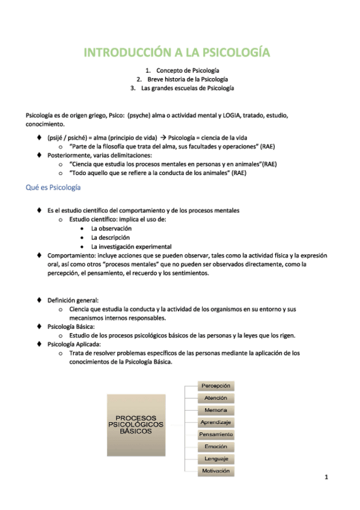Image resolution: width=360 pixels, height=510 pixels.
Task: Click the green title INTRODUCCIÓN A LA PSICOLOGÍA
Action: [x=176, y=52]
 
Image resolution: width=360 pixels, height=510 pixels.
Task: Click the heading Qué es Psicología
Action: [x=53, y=188]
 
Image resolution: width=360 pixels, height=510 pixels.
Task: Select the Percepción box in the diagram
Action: [x=216, y=386]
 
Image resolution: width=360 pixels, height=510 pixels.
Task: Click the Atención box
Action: [x=216, y=398]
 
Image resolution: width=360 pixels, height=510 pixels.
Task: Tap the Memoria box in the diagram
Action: [x=216, y=410]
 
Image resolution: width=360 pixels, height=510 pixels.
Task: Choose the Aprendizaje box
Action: [x=216, y=422]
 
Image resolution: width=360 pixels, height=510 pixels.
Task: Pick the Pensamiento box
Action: [x=216, y=434]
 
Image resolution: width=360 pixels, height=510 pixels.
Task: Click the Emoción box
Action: [x=216, y=447]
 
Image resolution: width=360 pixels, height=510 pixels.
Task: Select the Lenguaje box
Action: [x=216, y=459]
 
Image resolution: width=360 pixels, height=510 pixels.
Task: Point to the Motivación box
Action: [x=216, y=471]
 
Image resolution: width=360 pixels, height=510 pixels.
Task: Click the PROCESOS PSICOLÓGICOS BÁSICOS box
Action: [x=135, y=424]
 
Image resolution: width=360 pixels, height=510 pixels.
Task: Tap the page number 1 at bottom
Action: [x=325, y=478]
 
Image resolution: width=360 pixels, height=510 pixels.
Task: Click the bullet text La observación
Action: [x=111, y=229]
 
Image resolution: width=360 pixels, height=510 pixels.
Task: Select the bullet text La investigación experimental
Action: [x=131, y=247]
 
